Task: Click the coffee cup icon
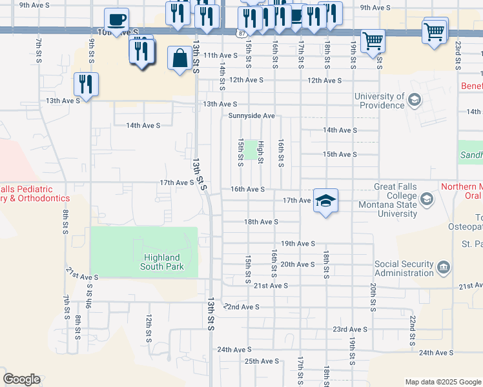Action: [116, 19]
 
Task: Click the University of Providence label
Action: [380, 101]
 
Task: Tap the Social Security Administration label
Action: [404, 268]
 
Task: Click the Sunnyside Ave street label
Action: [252, 116]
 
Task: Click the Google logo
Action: [21, 379]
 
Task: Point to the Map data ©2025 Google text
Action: [442, 382]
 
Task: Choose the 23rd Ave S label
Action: [350, 329]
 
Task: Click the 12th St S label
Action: [149, 329]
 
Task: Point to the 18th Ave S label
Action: [261, 221]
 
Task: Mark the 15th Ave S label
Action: [340, 155]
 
